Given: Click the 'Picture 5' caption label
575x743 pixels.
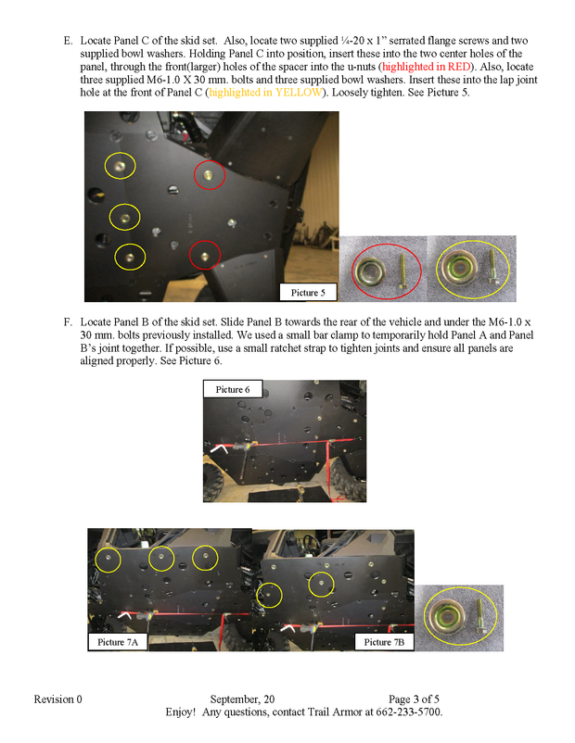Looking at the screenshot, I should [x=307, y=293].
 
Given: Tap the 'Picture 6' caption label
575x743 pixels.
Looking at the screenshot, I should [x=233, y=389].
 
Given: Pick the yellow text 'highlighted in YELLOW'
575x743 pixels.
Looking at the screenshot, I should [x=261, y=94].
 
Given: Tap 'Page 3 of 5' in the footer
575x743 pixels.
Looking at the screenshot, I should [x=420, y=699].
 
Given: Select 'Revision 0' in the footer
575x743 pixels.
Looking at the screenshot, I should [x=58, y=699].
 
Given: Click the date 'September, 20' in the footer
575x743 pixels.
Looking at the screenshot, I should [x=242, y=699].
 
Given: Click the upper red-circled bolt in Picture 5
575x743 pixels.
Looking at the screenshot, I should [x=210, y=173].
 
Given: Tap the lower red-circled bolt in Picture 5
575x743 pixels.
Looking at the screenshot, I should [x=204, y=253].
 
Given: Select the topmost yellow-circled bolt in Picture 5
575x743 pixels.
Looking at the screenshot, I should [x=119, y=166].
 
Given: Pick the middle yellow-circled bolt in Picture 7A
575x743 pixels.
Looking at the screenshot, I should [x=161, y=556].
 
